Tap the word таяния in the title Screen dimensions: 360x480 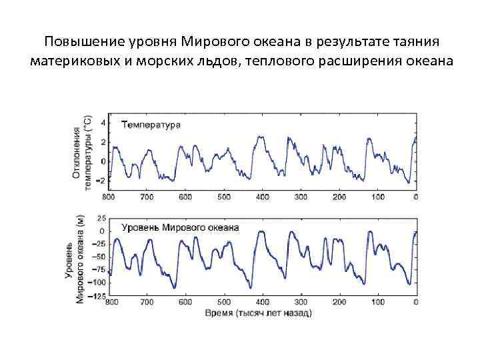tap(415, 42)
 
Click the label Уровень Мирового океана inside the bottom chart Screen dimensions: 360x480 tap(179, 227)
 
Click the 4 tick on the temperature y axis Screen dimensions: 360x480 tap(103, 123)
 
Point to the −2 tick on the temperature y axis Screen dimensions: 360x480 tap(101, 181)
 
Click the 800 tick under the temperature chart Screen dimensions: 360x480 tap(108, 197)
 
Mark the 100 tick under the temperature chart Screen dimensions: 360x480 tap(378, 197)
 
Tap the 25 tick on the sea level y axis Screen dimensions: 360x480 tap(101, 219)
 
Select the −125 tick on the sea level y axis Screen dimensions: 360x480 tap(99, 296)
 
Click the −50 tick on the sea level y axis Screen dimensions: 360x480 tap(100, 257)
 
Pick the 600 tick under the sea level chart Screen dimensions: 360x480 tap(185, 302)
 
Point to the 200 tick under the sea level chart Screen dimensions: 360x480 tap(339, 302)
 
